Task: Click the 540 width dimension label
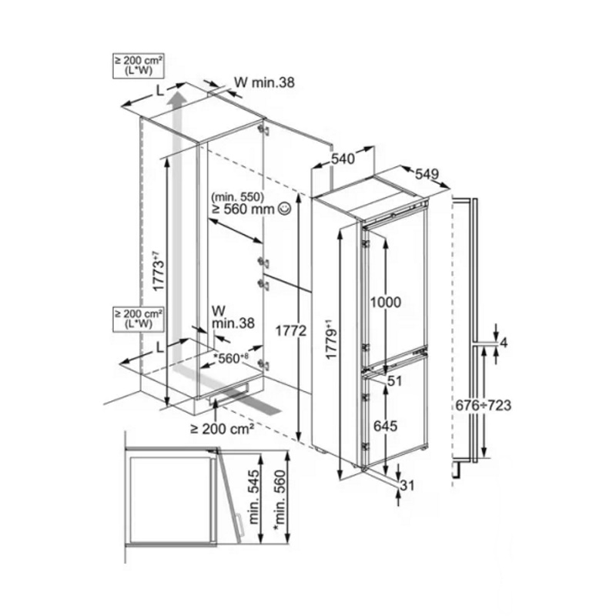click(x=343, y=159)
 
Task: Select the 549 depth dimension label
click(x=427, y=173)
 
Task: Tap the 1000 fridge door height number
click(x=386, y=302)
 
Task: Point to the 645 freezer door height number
click(x=385, y=426)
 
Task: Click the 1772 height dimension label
click(x=291, y=331)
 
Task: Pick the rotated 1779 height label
click(x=332, y=340)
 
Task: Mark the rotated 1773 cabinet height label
click(x=159, y=270)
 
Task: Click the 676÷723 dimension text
click(x=484, y=405)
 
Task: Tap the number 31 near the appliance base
click(x=407, y=486)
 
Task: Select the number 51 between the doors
click(x=394, y=380)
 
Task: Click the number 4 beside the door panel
click(x=504, y=343)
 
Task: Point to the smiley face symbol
click(x=284, y=209)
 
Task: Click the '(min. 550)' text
click(x=238, y=196)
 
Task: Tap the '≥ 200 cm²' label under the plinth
click(x=222, y=429)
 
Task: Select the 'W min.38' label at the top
click(x=264, y=82)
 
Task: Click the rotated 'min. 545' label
click(x=254, y=497)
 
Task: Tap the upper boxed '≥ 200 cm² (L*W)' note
click(x=139, y=65)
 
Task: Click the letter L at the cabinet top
click(x=159, y=91)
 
